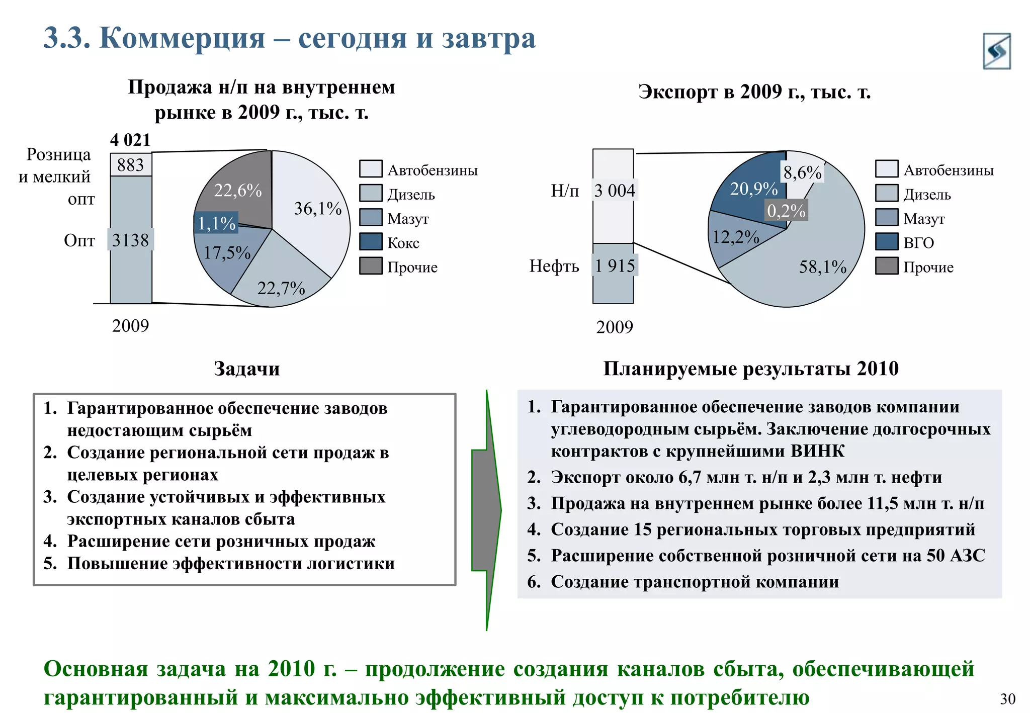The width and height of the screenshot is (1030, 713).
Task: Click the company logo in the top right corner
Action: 996,51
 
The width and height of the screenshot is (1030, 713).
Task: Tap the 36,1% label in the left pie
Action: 318,208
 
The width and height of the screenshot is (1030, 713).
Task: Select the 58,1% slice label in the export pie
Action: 823,266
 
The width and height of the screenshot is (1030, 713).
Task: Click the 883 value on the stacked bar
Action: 131,165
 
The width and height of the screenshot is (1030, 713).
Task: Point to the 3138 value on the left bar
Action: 131,240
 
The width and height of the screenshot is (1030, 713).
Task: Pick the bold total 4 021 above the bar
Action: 130,140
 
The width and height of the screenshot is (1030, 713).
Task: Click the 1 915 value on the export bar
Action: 615,265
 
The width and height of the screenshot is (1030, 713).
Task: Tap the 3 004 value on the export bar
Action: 615,191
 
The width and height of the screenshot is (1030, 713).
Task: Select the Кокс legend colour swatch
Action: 371,242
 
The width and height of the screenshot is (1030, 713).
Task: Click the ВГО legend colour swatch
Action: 886,242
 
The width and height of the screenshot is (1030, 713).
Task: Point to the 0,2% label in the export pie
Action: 786,211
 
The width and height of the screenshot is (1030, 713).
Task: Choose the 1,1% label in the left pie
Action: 216,223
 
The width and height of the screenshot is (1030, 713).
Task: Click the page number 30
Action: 1007,699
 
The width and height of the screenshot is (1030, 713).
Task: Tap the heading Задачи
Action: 246,369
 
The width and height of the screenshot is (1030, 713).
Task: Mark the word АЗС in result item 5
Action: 968,555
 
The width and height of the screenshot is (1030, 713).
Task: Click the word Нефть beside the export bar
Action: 554,265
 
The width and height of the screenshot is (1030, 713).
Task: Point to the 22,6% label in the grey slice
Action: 238,190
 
